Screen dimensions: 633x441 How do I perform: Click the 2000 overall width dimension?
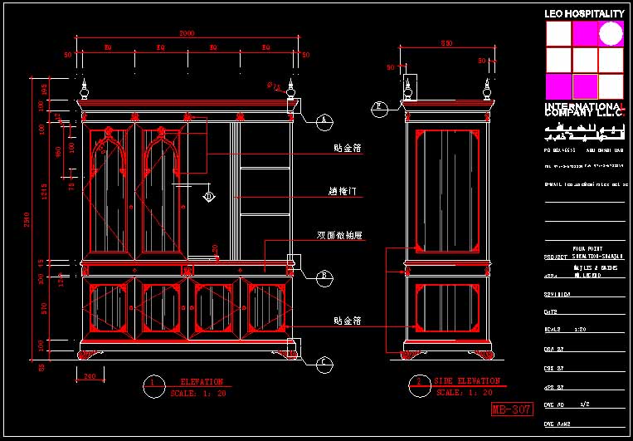187,33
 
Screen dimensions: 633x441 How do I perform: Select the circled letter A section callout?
324,120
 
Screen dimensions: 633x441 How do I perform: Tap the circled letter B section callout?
325,275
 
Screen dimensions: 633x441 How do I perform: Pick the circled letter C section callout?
324,362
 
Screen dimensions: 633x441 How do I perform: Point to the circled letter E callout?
379,106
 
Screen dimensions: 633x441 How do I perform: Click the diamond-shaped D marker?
209,196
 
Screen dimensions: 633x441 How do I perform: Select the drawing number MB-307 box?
511,409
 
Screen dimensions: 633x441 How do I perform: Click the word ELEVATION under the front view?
202,382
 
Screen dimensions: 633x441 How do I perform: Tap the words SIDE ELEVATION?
467,381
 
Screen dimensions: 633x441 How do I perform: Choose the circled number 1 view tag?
153,383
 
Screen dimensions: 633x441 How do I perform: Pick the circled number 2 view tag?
419,383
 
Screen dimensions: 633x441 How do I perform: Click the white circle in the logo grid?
611,33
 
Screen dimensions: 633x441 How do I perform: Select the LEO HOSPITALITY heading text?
584,14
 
